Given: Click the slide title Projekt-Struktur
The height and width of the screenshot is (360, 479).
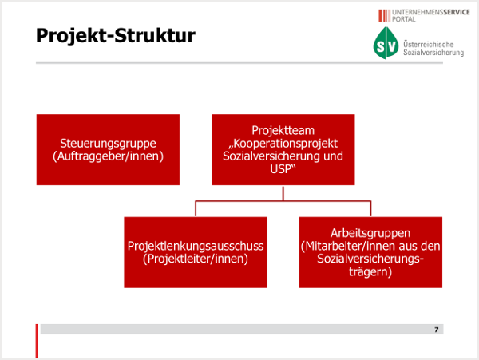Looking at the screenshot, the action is (116, 36).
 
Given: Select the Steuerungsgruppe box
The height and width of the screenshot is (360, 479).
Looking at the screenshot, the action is (108, 149).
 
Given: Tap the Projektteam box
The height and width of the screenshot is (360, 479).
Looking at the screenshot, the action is (283, 149).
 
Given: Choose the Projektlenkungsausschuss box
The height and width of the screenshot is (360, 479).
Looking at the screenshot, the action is (196, 252).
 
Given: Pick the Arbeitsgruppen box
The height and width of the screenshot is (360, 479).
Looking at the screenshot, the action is (370, 252).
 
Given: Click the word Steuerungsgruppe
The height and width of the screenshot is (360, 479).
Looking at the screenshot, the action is (108, 143).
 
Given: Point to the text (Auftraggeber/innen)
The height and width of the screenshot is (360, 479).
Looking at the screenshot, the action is (108, 156).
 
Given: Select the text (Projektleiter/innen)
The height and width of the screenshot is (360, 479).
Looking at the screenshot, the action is (196, 259).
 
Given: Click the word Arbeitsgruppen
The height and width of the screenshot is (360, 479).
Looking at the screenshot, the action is (370, 233).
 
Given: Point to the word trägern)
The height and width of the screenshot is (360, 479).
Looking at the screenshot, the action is (370, 271).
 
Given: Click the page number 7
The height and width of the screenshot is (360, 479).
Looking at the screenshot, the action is (436, 330).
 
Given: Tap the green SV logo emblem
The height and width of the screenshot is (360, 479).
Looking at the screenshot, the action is (386, 43).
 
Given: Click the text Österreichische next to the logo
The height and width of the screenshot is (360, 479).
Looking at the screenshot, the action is (428, 44).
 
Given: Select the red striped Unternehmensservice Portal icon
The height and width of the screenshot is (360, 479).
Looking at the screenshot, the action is (384, 16).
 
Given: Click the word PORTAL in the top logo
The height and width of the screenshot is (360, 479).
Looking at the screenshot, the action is (404, 19).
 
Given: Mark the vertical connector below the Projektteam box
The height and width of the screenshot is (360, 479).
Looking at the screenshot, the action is (283, 193).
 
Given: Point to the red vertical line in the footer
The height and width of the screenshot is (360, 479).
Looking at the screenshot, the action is (37, 341).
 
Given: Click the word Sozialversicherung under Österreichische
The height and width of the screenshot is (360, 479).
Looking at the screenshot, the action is (433, 53).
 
